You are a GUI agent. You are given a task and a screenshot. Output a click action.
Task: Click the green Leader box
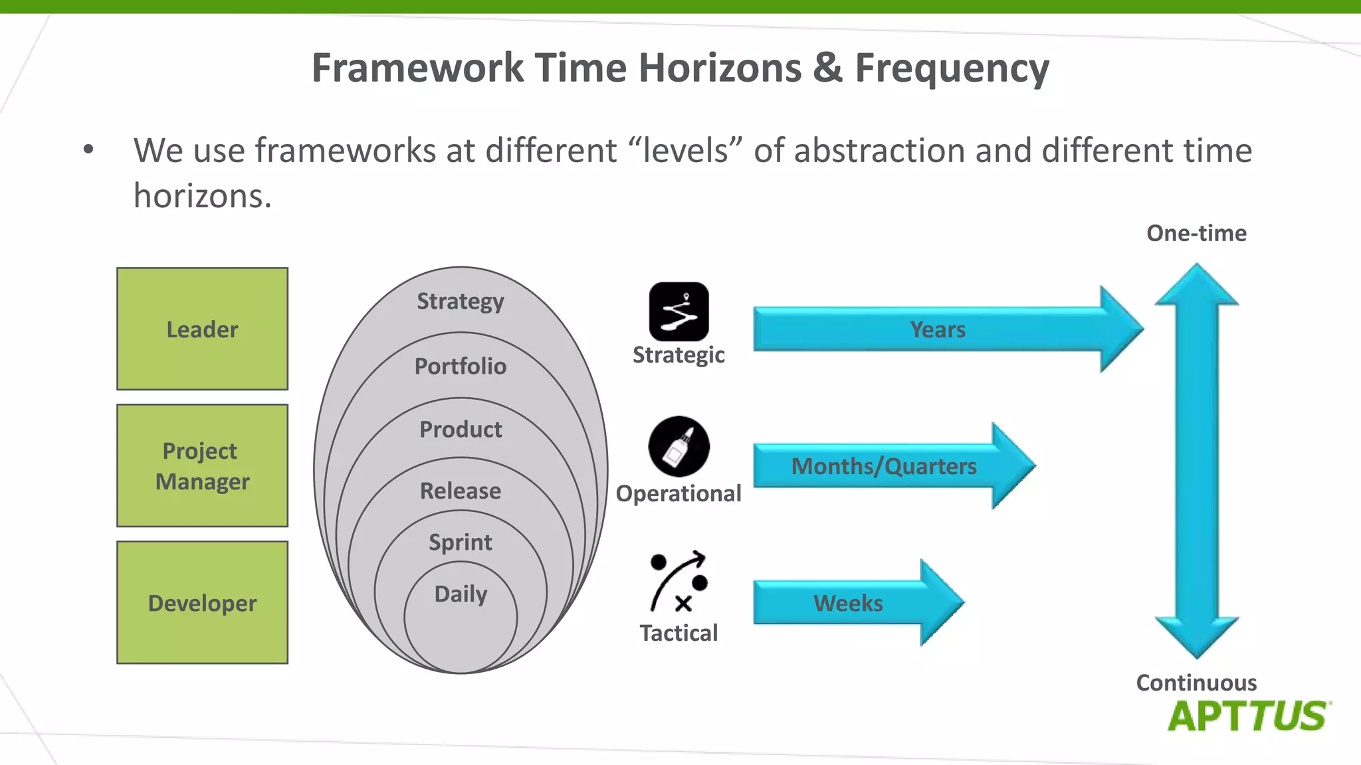point(202,329)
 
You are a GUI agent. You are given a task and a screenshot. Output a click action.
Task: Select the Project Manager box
point(202,466)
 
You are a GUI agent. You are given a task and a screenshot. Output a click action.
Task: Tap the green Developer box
point(202,602)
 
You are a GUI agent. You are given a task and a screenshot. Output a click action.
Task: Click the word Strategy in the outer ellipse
point(461,301)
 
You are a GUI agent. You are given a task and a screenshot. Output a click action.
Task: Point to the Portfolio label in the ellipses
point(461,366)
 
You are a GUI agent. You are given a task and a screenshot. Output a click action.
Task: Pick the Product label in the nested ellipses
point(461,429)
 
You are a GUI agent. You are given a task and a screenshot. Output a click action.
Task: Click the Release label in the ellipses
point(461,491)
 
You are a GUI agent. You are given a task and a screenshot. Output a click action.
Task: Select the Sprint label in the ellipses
point(461,542)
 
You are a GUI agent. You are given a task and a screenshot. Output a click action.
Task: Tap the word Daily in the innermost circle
point(461,593)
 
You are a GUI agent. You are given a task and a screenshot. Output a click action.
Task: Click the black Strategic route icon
point(679,311)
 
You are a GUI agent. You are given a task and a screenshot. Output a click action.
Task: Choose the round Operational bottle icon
point(679,446)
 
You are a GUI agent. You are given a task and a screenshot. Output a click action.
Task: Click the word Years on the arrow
point(938,329)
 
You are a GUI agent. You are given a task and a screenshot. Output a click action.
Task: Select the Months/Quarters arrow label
point(884,466)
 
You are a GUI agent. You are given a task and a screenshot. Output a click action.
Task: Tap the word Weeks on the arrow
point(848,603)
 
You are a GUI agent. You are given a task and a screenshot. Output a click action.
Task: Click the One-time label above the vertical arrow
point(1196,233)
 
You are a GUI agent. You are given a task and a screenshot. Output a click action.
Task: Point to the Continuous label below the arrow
point(1196,683)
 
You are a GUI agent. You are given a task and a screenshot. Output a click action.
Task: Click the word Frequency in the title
point(952,68)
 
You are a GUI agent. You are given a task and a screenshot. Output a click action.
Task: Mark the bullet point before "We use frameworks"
point(88,150)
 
